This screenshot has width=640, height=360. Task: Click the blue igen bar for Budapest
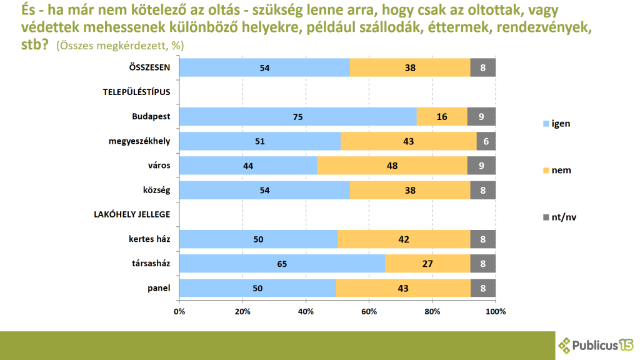click(298, 116)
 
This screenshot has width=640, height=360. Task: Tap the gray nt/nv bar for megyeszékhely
click(486, 141)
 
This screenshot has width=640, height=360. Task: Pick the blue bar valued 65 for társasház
click(282, 264)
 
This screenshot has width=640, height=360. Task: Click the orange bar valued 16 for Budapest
click(442, 116)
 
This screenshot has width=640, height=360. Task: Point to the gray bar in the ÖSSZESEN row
click(482, 67)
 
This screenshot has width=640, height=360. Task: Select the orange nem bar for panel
click(403, 288)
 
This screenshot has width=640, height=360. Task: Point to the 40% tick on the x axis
click(306, 311)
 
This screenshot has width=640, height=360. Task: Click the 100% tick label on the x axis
click(496, 311)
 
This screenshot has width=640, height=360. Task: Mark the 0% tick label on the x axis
click(179, 311)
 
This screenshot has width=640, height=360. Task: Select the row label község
click(157, 190)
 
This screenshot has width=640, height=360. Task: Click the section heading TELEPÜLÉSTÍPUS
click(136, 92)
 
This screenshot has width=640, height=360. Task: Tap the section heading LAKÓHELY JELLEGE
click(131, 214)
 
